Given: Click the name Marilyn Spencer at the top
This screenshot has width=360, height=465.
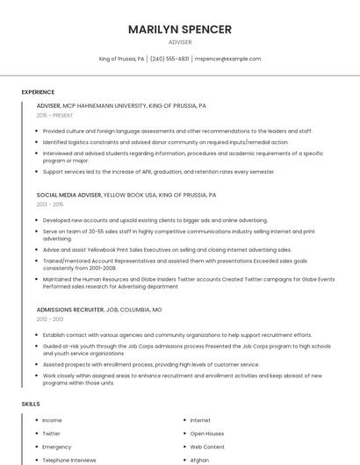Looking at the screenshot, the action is (x=180, y=29).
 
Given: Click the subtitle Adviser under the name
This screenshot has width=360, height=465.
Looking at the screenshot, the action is (x=180, y=41).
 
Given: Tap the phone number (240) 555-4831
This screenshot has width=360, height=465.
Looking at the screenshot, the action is (x=169, y=59).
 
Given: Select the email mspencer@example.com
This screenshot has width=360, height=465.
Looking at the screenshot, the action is (x=227, y=59).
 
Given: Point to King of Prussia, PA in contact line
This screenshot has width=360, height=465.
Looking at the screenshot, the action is (x=122, y=59).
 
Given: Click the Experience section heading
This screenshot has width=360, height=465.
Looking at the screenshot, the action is (x=38, y=92).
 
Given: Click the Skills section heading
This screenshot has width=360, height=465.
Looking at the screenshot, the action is (x=31, y=404).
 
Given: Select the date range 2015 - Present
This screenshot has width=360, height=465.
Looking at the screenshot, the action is (x=54, y=115).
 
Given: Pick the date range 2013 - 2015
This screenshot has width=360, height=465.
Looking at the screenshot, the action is (x=50, y=204).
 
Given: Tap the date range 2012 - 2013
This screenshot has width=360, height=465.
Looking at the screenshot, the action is (x=50, y=319).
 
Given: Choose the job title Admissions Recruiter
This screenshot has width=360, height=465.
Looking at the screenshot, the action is (x=69, y=310).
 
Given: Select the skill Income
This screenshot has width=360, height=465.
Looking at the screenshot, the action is (x=52, y=420).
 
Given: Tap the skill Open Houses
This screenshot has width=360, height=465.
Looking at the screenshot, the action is (x=207, y=433).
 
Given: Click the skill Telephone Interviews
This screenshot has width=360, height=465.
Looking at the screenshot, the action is (x=69, y=460).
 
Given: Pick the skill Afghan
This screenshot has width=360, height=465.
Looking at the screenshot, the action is (x=199, y=460).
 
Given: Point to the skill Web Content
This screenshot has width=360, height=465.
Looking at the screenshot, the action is (x=207, y=447).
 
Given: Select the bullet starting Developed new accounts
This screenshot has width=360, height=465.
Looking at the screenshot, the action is (x=155, y=220).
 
